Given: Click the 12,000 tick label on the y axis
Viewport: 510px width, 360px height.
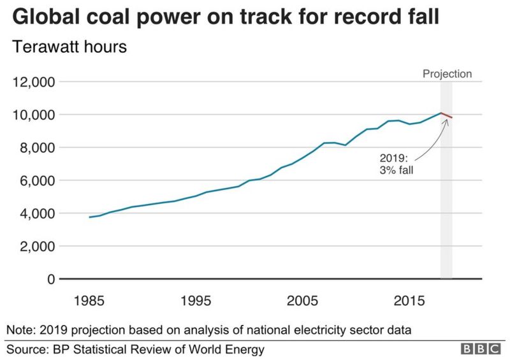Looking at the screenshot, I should [32, 82].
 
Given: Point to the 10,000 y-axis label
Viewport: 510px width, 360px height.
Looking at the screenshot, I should [32, 115].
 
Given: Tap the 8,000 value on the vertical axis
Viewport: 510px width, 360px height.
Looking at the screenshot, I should [35, 148].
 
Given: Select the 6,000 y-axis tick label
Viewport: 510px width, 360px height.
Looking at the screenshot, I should [35, 181].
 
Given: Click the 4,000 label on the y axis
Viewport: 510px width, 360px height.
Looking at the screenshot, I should [35, 213].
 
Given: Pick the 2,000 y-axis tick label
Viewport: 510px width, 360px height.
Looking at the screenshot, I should [35, 247].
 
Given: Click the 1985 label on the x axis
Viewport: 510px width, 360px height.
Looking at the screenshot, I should [89, 299].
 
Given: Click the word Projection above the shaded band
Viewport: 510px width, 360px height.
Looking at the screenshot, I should [447, 74].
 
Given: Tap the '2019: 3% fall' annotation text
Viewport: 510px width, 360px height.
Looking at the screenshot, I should [393, 164].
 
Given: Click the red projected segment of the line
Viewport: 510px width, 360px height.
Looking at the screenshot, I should [446, 115].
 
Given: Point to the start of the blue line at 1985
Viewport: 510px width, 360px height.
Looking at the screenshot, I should [90, 217].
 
